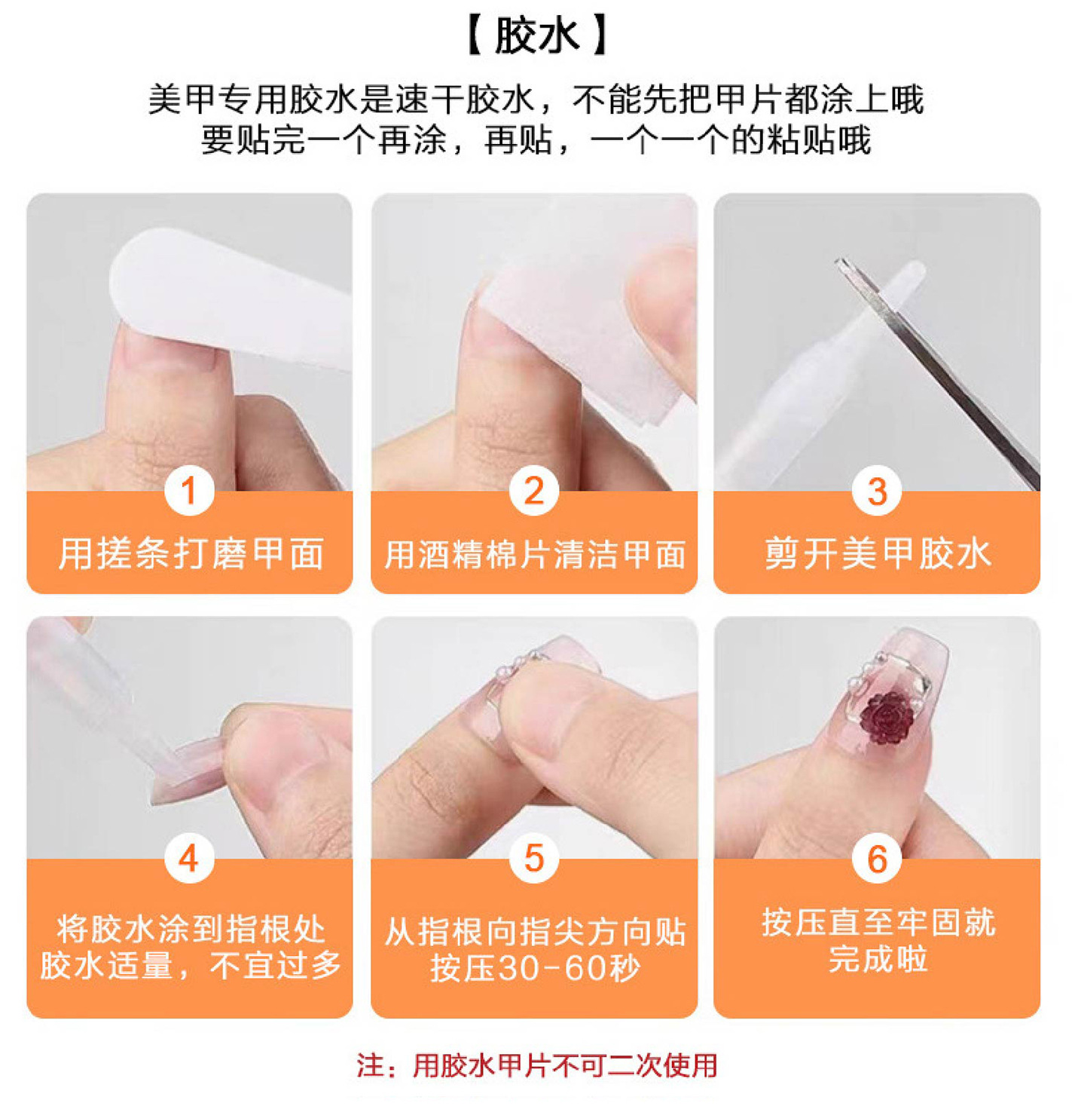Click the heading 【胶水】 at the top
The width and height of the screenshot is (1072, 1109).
click(536, 36)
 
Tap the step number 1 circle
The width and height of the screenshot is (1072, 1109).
click(189, 491)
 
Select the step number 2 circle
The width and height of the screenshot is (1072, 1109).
click(533, 491)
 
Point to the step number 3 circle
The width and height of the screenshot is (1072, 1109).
click(877, 491)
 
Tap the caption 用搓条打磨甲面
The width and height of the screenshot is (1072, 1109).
click(191, 553)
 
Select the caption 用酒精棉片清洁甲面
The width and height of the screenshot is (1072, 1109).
click(534, 555)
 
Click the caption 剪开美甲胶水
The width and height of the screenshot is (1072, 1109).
click(878, 553)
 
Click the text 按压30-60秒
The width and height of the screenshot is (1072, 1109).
click(535, 968)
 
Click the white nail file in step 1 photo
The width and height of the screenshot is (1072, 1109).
click(231, 296)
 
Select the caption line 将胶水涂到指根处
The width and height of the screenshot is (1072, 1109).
click(191, 930)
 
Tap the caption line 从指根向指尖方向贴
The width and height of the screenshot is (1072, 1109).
click(535, 931)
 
